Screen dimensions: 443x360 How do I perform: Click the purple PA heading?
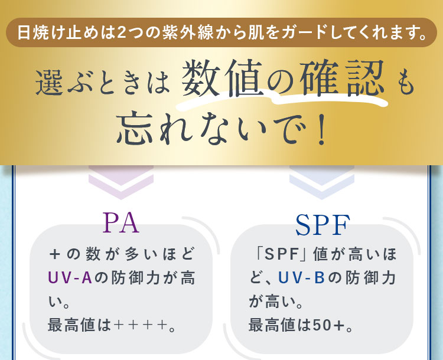point(121,222)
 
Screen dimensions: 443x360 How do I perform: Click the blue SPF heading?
point(323,225)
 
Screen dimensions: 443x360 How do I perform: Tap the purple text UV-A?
point(70,278)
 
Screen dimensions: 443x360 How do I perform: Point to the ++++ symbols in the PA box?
point(140,326)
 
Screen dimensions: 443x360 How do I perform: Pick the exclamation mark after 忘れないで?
point(321,129)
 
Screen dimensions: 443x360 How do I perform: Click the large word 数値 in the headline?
point(221,78)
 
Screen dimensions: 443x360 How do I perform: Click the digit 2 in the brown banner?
point(121,32)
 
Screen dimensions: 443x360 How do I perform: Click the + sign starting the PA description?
point(54,254)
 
